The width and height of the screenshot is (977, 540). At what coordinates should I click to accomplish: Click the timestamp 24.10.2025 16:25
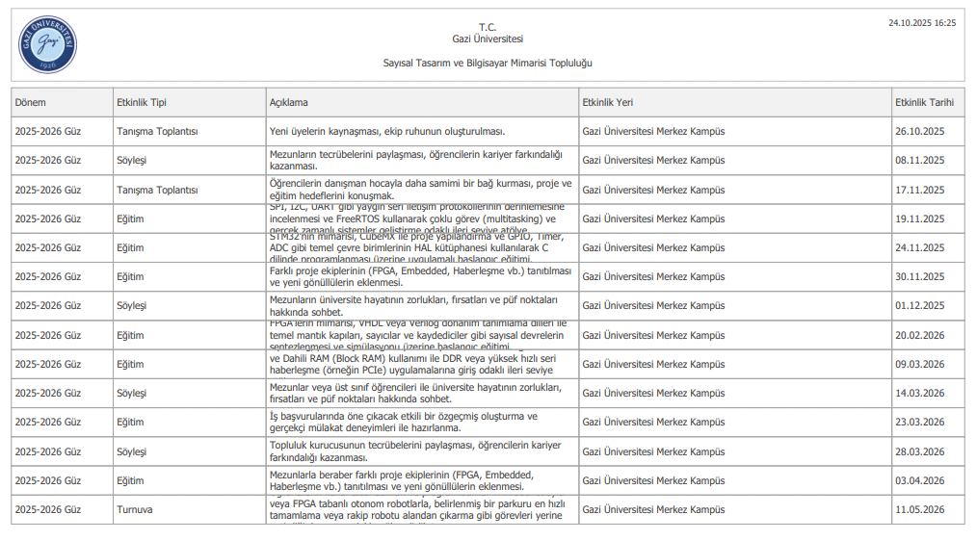(x=922, y=22)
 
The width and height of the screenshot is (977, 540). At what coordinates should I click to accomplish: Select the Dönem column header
(x=31, y=102)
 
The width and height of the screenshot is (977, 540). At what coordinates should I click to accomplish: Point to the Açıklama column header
(x=289, y=102)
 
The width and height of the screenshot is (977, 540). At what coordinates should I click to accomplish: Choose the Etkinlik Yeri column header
(x=608, y=102)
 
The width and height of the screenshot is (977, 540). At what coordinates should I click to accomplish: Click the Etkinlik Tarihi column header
(x=924, y=102)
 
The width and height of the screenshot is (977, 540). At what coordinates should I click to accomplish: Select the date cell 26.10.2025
(x=919, y=132)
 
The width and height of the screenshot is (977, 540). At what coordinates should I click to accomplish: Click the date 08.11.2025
(x=919, y=161)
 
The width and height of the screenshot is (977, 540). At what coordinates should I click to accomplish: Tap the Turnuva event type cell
(x=135, y=509)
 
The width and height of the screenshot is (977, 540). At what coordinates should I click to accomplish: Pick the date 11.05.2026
(x=919, y=509)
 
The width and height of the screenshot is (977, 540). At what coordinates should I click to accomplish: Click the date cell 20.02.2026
(x=919, y=335)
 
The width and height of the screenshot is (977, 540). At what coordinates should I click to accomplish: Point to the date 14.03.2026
(x=919, y=393)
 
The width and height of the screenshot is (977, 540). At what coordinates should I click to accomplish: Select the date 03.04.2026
(x=919, y=480)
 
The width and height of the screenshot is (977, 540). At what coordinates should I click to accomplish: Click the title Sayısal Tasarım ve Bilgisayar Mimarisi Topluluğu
(x=488, y=63)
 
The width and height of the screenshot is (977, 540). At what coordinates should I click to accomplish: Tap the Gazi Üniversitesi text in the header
(x=488, y=39)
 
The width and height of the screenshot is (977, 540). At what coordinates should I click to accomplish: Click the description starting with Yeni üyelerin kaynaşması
(x=387, y=132)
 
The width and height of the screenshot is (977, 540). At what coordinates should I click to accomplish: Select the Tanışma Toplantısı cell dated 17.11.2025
(x=157, y=190)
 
